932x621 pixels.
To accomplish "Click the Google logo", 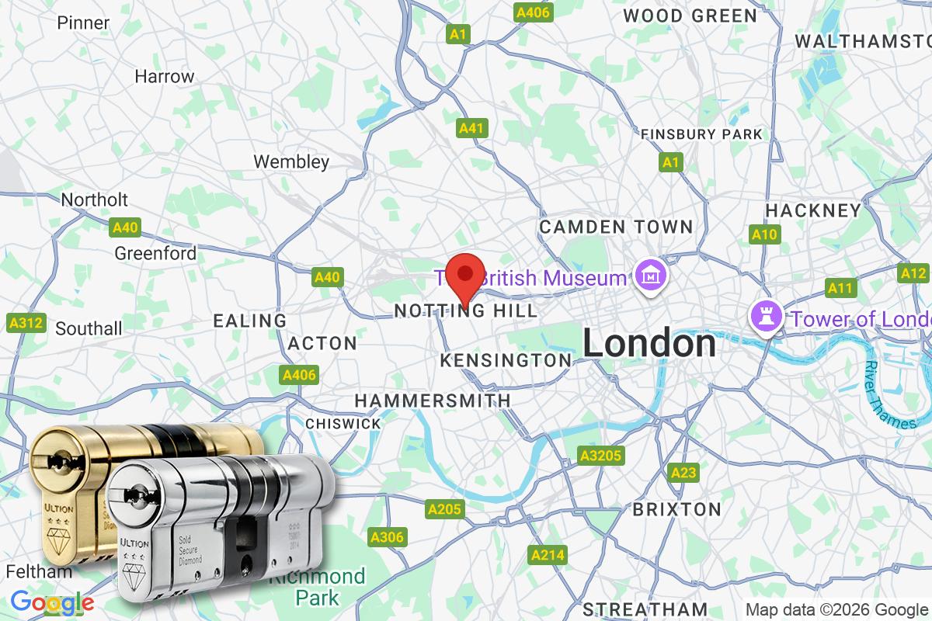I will coord(52,602).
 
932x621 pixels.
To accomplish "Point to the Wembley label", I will coord(292,161).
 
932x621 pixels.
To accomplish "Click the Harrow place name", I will coord(164,76).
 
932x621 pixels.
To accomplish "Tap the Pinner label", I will coord(83,23).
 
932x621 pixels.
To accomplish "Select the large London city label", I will coord(649,343).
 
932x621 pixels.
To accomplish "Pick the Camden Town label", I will coord(616,227).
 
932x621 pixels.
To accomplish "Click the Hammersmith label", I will coord(433,401).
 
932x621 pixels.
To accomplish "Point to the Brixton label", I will coord(676,509).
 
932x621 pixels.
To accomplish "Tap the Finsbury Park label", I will coord(701,134).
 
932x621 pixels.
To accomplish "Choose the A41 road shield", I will coord(472,128).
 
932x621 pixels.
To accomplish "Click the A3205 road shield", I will coord(600,455).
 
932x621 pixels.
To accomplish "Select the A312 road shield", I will coord(26,323).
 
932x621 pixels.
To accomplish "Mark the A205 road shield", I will coord(444,509).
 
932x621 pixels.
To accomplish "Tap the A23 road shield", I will coord(683,472).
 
